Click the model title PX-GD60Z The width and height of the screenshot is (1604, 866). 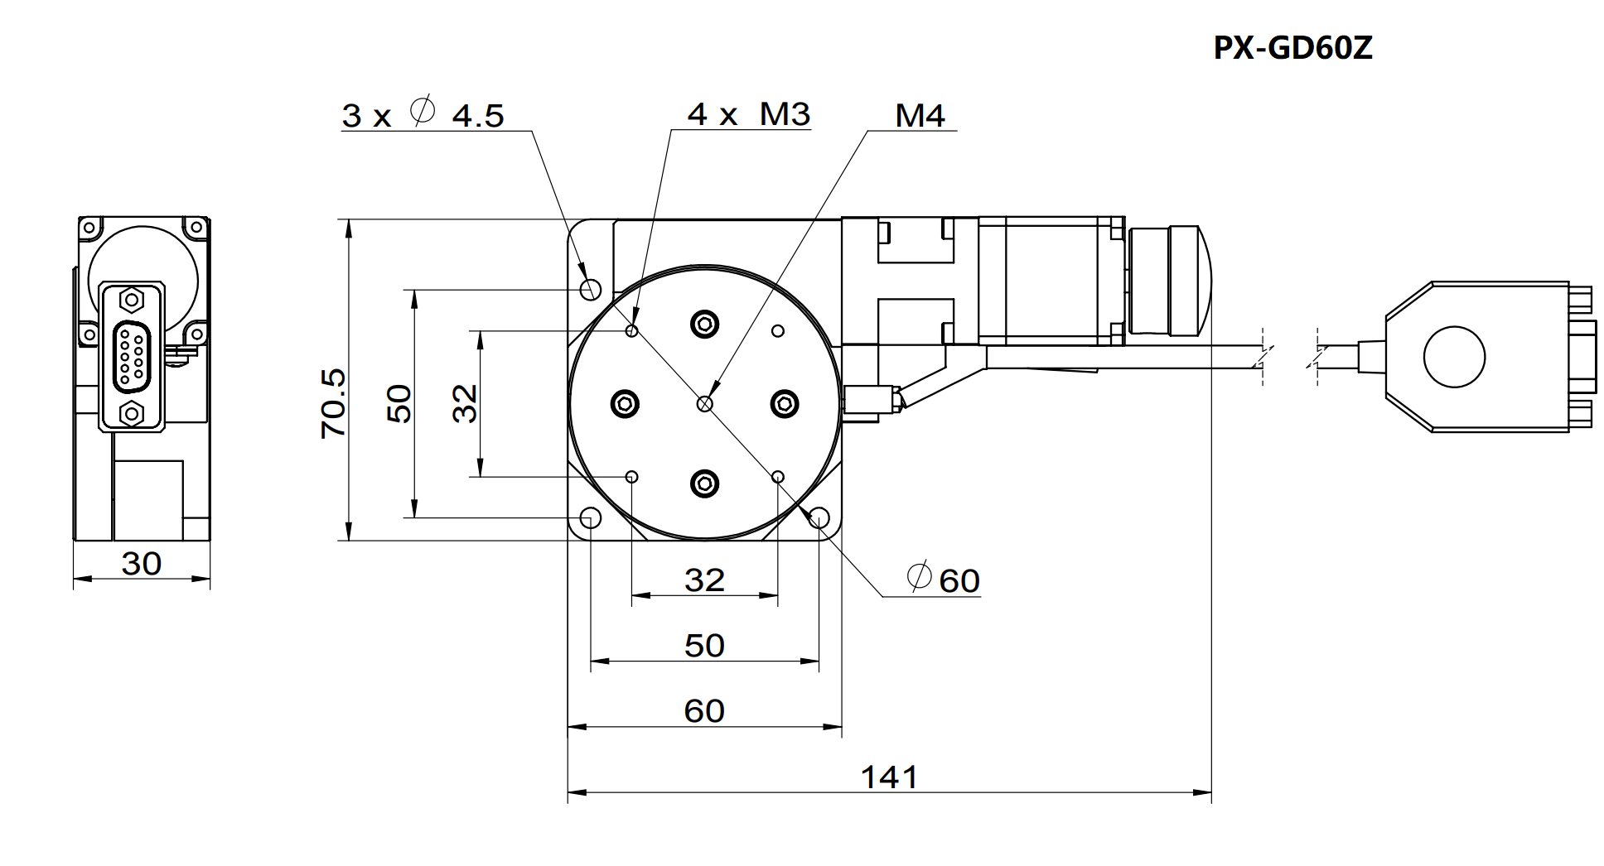[x=1292, y=48]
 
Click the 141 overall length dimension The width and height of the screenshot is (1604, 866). [x=889, y=777]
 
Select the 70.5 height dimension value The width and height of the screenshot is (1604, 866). [x=334, y=403]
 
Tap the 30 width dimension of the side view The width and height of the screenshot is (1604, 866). [x=141, y=564]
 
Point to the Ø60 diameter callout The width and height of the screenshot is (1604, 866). [x=945, y=580]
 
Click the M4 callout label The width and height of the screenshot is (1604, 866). [x=920, y=116]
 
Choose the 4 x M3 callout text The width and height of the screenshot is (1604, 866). [x=748, y=114]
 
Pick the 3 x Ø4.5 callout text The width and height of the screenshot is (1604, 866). [x=423, y=114]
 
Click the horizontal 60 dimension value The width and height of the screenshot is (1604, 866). [x=704, y=711]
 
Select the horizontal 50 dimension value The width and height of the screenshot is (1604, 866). [x=704, y=646]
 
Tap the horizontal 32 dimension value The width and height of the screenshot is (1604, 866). [x=704, y=580]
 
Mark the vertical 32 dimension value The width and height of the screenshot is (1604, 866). [x=466, y=404]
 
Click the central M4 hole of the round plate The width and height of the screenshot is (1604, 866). [x=705, y=403]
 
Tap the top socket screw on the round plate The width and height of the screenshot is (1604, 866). [x=705, y=324]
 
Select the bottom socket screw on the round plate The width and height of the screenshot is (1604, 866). [x=705, y=484]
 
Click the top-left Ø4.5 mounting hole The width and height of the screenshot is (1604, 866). [x=591, y=289]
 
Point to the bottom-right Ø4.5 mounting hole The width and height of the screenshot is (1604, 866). [x=819, y=518]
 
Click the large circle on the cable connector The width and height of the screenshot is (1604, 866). [x=1454, y=357]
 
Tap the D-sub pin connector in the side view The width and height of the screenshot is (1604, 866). [x=131, y=356]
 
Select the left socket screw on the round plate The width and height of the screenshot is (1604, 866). [x=625, y=404]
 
